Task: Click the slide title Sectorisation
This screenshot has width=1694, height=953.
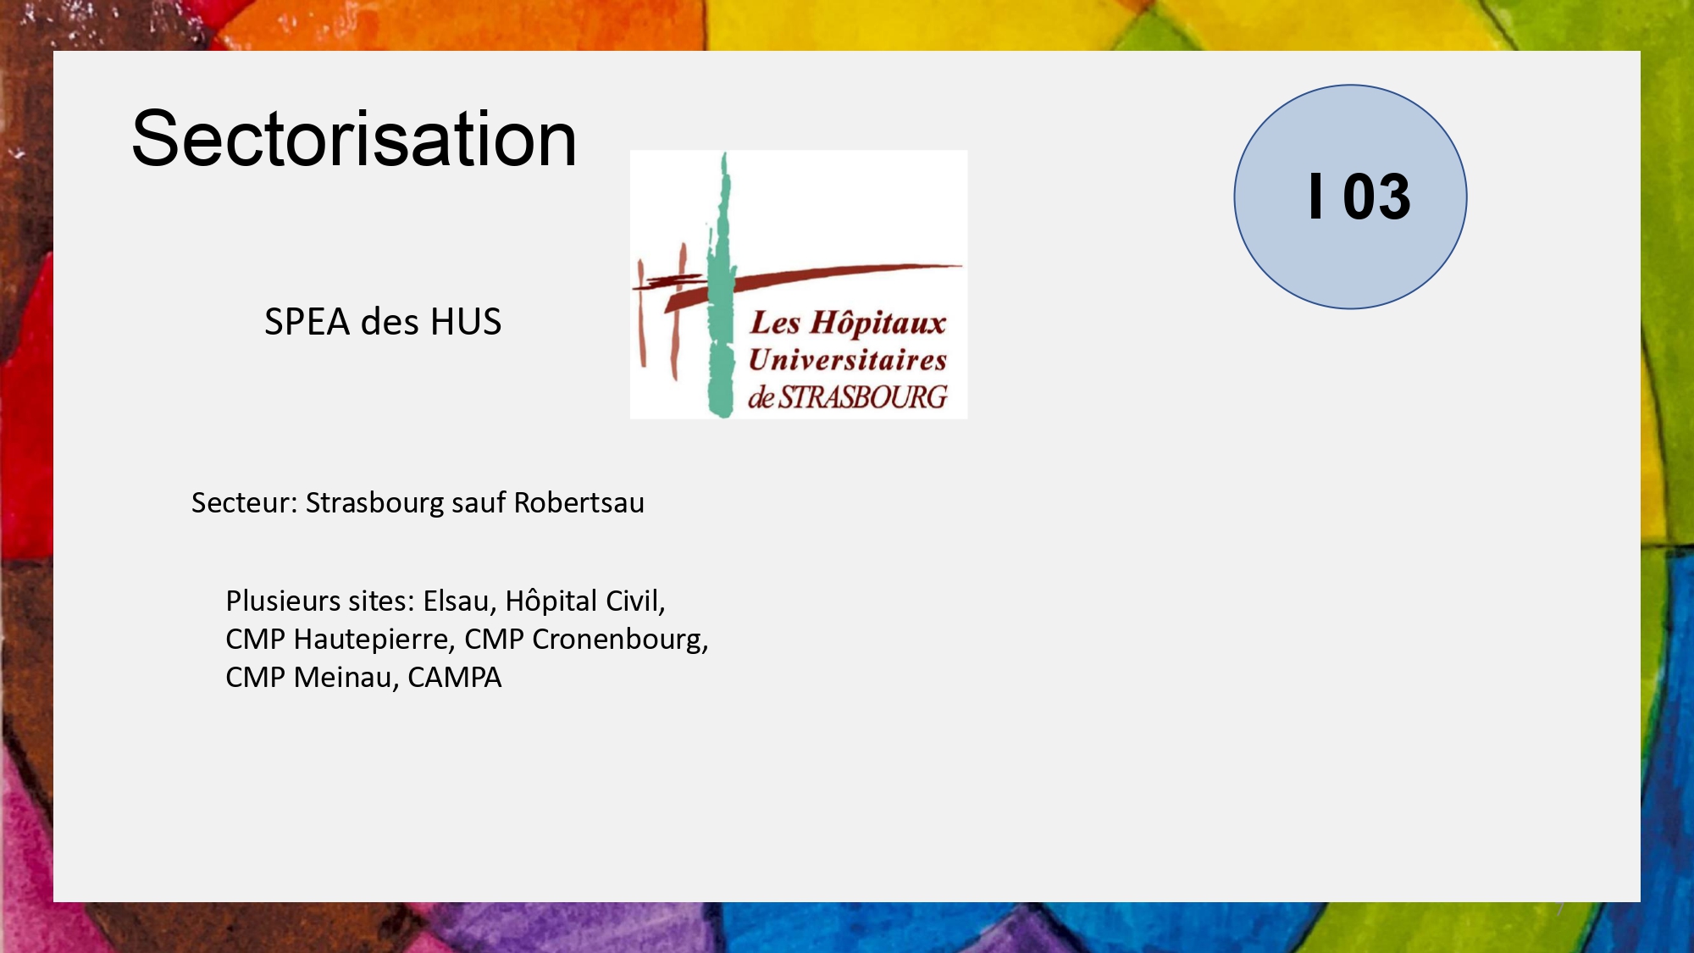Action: point(354,139)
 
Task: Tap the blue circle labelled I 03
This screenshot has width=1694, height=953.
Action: point(1350,197)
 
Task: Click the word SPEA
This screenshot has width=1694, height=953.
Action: point(307,322)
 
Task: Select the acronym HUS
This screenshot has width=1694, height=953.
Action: point(466,322)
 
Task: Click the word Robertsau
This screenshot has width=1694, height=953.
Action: point(579,502)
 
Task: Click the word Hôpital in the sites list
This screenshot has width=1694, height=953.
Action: point(551,601)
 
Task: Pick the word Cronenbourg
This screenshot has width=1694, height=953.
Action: point(620,639)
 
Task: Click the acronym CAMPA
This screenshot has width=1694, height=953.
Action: point(455,678)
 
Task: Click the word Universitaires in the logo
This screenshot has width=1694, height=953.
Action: point(848,360)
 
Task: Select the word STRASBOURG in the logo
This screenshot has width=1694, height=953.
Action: point(862,397)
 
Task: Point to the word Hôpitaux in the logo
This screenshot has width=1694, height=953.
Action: point(877,323)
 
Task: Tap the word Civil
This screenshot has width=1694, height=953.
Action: point(635,601)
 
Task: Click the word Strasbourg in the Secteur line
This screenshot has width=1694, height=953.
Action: point(374,502)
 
